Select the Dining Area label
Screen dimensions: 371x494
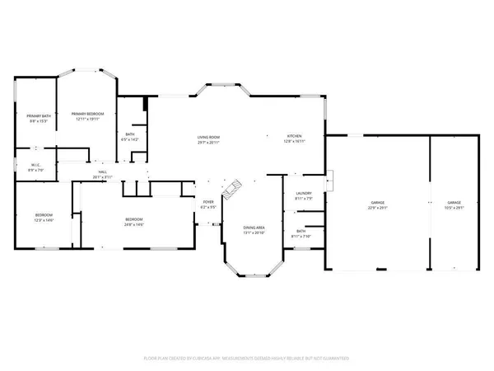(x=254, y=228)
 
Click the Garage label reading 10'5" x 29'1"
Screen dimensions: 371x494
(x=454, y=202)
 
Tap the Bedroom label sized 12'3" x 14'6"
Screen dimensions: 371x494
(x=44, y=218)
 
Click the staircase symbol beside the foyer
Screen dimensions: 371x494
(x=233, y=189)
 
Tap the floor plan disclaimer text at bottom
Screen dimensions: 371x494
(x=247, y=359)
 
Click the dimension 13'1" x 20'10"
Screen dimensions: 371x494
(x=254, y=232)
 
